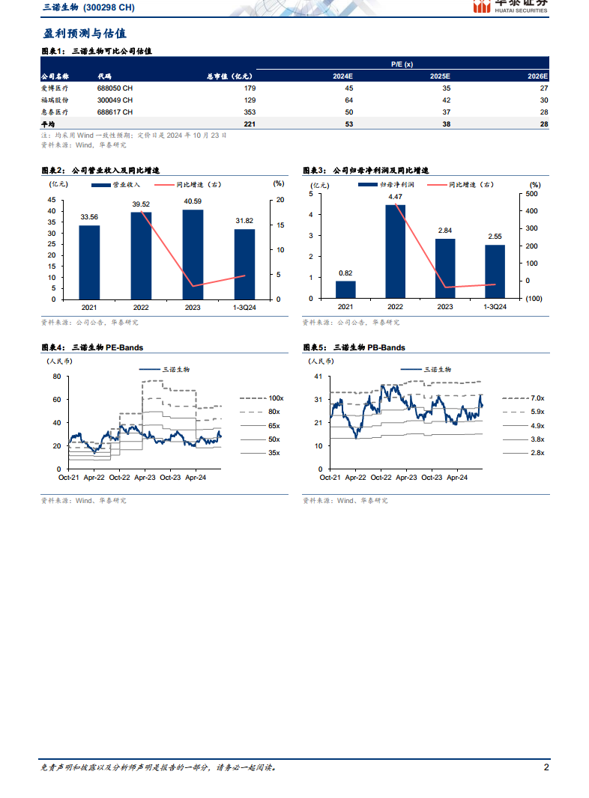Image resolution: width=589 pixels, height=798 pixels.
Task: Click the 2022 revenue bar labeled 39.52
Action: [141, 255]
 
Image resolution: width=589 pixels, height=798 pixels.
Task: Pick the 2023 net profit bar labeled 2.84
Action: [445, 268]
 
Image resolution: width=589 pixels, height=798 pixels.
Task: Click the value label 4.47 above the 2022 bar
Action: [395, 197]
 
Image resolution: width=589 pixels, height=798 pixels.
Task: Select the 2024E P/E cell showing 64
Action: [348, 100]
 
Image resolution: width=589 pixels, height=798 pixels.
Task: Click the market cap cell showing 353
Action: [250, 112]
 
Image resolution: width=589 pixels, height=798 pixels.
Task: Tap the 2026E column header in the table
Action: [538, 76]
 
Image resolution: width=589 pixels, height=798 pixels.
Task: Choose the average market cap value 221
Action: [250, 124]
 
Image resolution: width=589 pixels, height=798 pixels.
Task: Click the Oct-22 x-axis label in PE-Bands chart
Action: [119, 477]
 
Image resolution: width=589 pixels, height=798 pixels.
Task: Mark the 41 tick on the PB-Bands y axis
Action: [316, 377]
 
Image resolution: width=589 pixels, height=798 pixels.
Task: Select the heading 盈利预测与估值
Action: [83, 34]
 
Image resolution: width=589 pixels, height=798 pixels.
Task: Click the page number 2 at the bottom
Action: [546, 767]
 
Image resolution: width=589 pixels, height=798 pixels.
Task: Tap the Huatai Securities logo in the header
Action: [510, 6]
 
